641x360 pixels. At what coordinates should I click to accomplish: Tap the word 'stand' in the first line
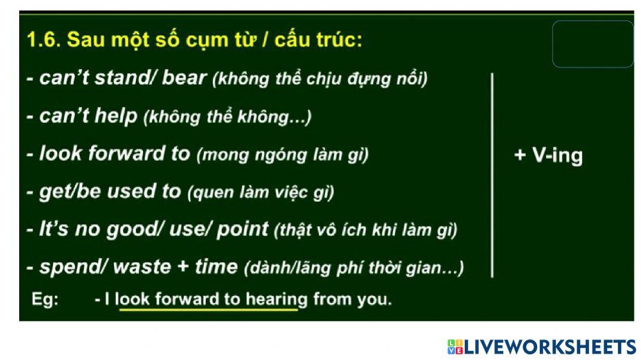tap(122, 78)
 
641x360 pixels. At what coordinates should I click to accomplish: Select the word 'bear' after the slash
tap(185, 78)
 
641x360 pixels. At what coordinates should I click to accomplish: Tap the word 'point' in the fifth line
tap(242, 229)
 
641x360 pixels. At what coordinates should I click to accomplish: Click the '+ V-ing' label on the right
tap(549, 156)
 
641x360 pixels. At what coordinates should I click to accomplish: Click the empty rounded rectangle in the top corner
tap(592, 44)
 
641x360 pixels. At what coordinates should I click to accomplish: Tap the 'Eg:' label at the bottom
tap(45, 299)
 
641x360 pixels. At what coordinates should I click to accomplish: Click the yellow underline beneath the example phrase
tap(208, 309)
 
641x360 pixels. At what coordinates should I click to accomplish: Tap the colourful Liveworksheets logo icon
tap(455, 347)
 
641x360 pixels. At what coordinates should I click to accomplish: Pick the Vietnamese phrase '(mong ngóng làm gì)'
tap(283, 155)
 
